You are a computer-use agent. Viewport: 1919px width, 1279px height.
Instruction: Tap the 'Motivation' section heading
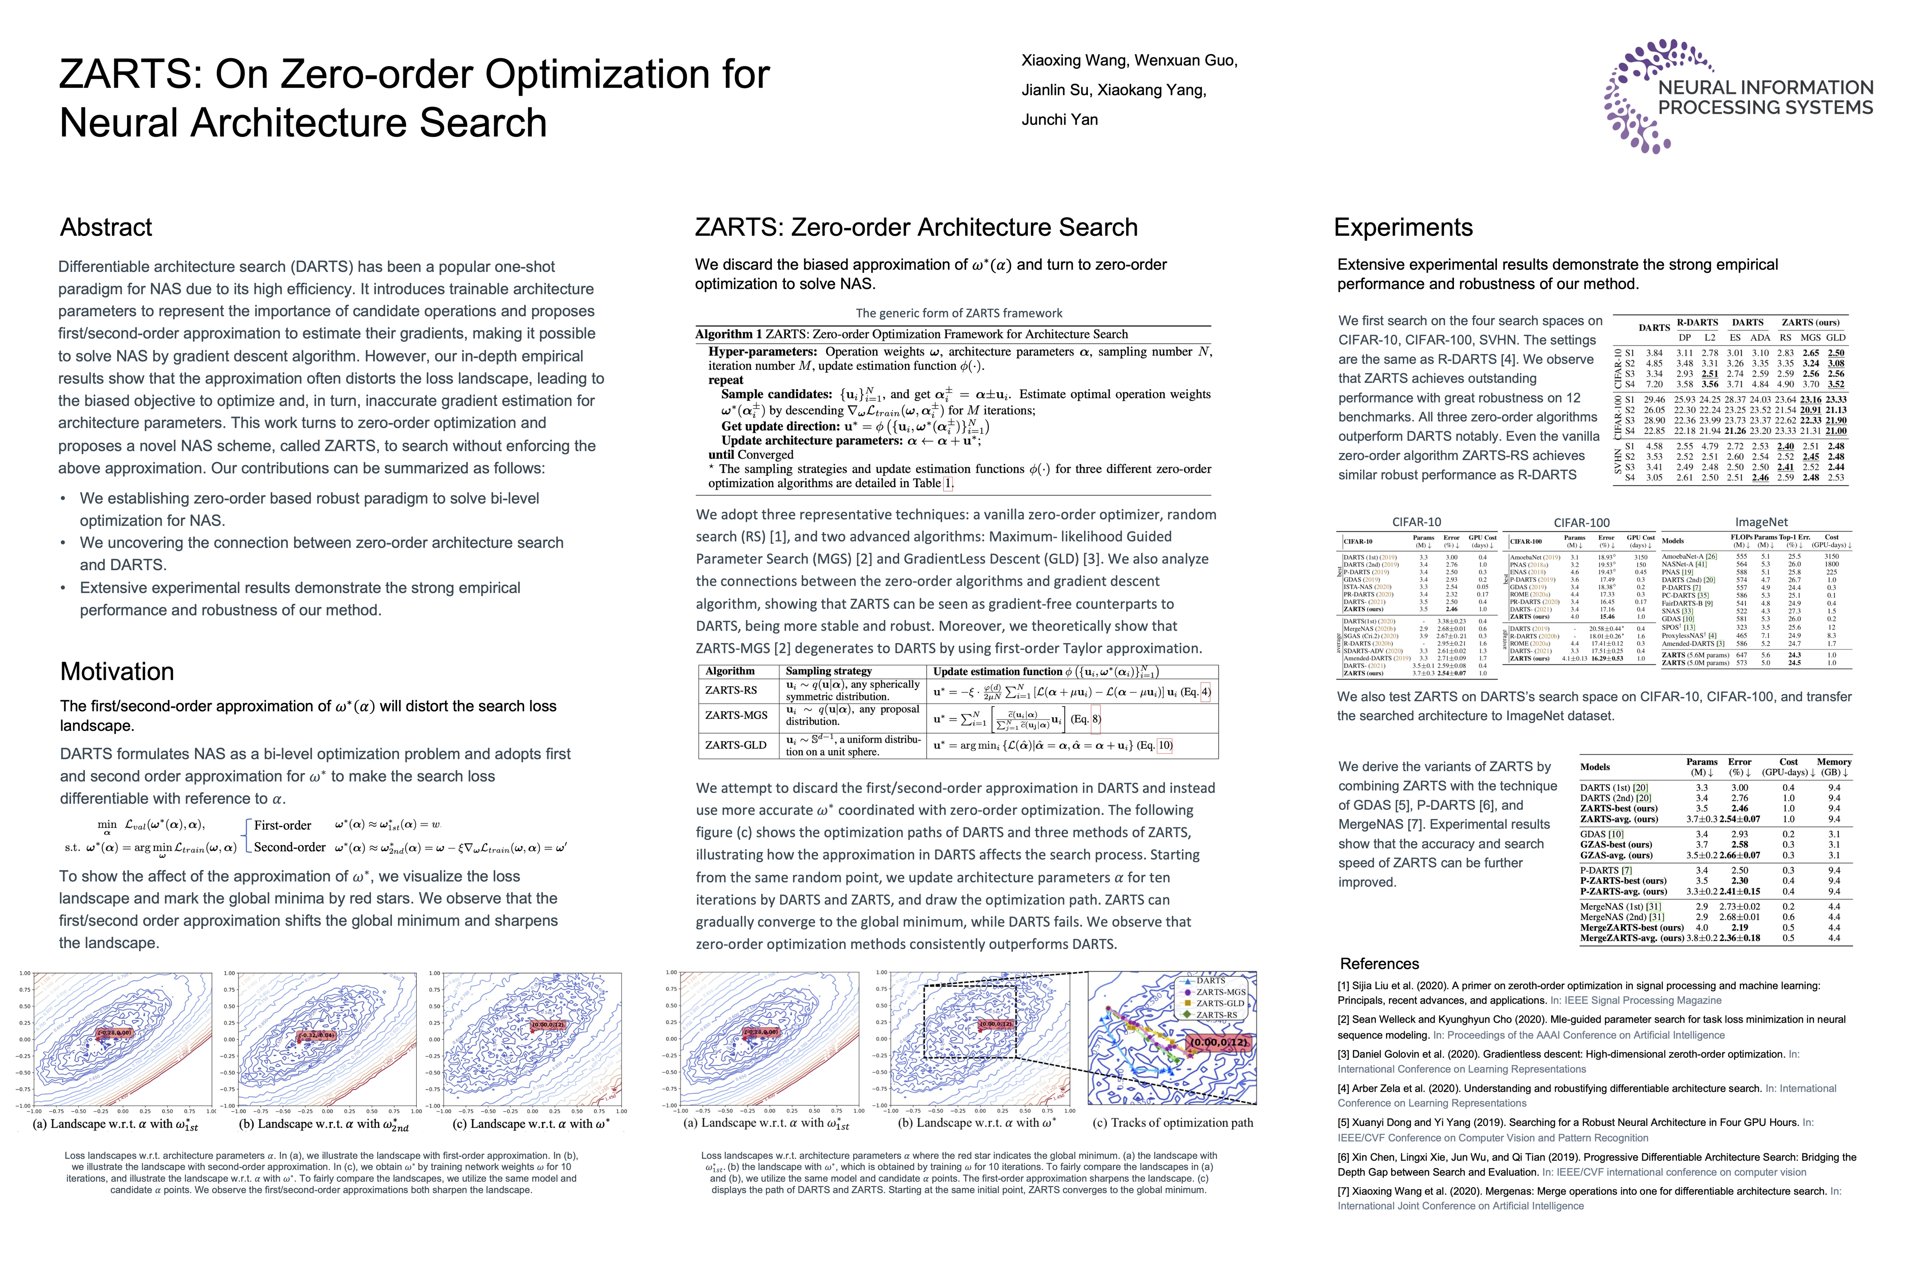[117, 671]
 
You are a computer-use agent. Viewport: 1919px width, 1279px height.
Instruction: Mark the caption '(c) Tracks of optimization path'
[1172, 1123]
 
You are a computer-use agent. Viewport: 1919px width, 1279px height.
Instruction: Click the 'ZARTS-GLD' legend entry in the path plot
[1219, 1003]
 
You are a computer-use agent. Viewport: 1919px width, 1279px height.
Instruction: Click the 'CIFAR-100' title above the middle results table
[1581, 522]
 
